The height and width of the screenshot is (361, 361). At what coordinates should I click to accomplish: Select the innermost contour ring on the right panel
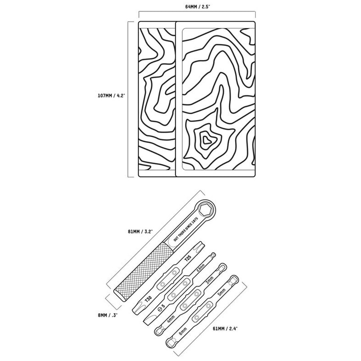coord(208,140)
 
